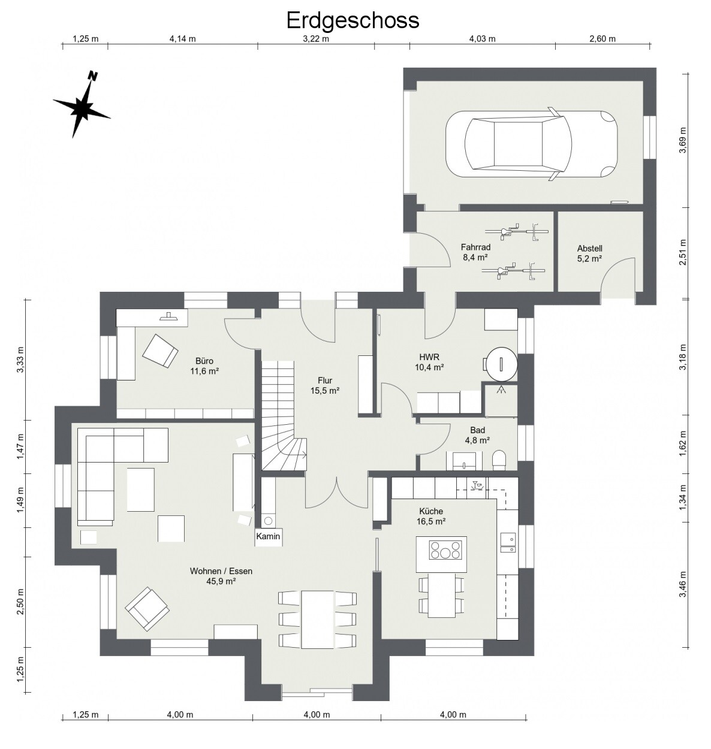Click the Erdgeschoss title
pyautogui.click(x=353, y=20)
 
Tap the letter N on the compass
pyautogui.click(x=92, y=76)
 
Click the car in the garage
pyautogui.click(x=532, y=144)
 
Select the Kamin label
pyautogui.click(x=268, y=536)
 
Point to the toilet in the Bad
pyautogui.click(x=499, y=460)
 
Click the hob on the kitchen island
pyautogui.click(x=445, y=550)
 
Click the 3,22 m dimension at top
pyautogui.click(x=316, y=38)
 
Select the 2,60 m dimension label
pyautogui.click(x=602, y=38)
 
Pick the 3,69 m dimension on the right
pyautogui.click(x=682, y=140)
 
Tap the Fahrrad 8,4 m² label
pyautogui.click(x=475, y=252)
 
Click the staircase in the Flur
pyautogui.click(x=284, y=415)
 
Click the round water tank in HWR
pyautogui.click(x=501, y=364)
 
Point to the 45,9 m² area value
pyautogui.click(x=221, y=581)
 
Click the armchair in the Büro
pyautogui.click(x=160, y=351)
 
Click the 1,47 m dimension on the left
pyautogui.click(x=20, y=446)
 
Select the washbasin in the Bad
pyautogui.click(x=464, y=461)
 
